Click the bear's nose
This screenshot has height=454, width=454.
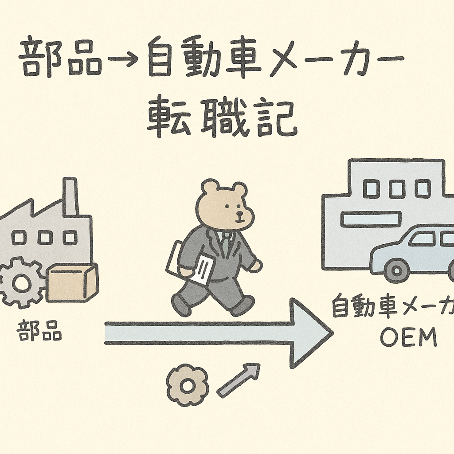pos(240,214)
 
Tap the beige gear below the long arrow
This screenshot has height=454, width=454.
pos(187,385)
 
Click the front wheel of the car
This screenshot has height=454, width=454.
pos(396,269)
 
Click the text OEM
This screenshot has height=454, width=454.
pos(408,339)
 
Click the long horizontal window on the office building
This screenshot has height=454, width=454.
pos(371,219)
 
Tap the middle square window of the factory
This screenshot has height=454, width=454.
pos(45,238)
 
